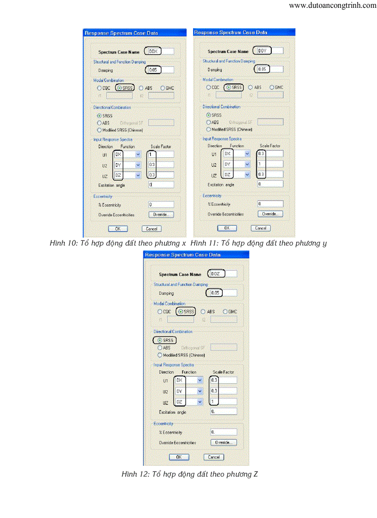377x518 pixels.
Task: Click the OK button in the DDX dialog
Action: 117,229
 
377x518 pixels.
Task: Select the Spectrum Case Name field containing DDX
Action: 159,52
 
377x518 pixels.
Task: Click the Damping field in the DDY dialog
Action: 269,69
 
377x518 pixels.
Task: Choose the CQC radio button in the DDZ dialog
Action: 160,312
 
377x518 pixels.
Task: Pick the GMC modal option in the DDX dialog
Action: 163,88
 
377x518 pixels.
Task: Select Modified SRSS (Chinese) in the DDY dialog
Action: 208,130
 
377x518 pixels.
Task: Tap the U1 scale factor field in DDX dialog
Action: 161,155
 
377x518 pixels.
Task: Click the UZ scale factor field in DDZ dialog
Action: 224,402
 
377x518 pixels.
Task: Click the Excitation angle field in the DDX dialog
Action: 161,185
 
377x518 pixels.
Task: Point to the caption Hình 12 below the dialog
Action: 189,474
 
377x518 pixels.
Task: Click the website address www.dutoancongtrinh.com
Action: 332,6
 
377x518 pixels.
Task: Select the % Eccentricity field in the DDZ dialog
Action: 224,432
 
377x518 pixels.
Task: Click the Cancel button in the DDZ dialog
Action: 214,457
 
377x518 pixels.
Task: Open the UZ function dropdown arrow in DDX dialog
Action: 138,175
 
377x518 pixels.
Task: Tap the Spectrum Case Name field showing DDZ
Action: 223,274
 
